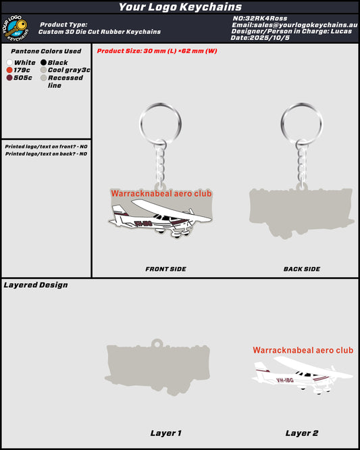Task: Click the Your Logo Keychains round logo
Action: (16, 28)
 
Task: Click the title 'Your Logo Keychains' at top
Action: (180, 7)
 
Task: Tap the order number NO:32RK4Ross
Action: (260, 18)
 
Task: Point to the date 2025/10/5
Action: (269, 38)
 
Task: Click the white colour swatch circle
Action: (9, 63)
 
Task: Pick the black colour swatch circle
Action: (44, 62)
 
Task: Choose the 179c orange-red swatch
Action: (9, 70)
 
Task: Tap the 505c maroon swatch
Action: (9, 78)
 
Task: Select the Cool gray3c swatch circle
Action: (44, 70)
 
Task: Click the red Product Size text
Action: (157, 51)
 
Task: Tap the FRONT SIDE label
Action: (165, 269)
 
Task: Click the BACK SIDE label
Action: (302, 269)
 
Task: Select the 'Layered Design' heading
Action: (36, 285)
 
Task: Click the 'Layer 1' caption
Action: (165, 433)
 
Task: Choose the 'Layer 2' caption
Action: (302, 433)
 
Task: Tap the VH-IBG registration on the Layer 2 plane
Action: (285, 380)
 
